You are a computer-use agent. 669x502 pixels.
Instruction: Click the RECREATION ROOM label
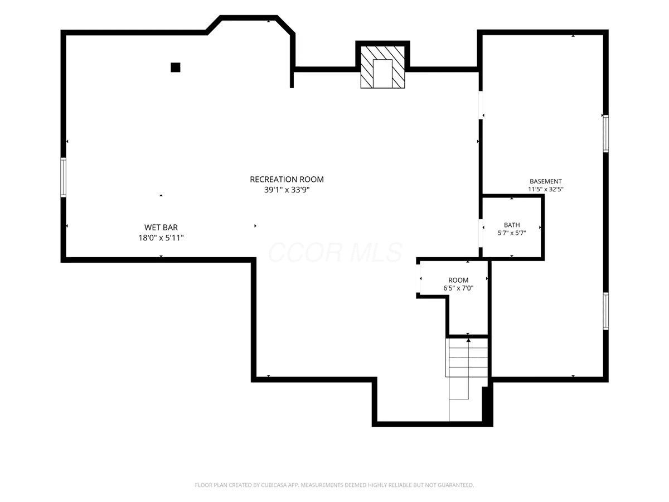pyautogui.click(x=287, y=179)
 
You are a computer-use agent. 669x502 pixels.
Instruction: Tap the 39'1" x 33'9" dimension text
pyautogui.click(x=287, y=190)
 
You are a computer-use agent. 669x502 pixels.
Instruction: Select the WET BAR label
pyautogui.click(x=161, y=228)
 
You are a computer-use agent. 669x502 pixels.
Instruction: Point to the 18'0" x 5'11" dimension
pyautogui.click(x=161, y=238)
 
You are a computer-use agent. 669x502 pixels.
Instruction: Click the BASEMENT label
pyautogui.click(x=546, y=181)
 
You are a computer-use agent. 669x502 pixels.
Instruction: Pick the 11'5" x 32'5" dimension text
pyautogui.click(x=546, y=189)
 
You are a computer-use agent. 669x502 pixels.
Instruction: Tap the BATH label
pyautogui.click(x=512, y=225)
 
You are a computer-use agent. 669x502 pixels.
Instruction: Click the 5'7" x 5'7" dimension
pyautogui.click(x=512, y=233)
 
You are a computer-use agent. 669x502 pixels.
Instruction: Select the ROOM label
pyautogui.click(x=458, y=280)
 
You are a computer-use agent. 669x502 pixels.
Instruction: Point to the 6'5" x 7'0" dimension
pyautogui.click(x=458, y=288)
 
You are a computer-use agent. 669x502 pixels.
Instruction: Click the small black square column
pyautogui.click(x=175, y=67)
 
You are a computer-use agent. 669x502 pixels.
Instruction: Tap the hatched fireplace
pyautogui.click(x=382, y=67)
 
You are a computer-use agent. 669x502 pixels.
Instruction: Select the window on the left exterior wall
pyautogui.click(x=63, y=177)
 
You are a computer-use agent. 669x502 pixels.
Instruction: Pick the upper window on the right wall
pyautogui.click(x=606, y=133)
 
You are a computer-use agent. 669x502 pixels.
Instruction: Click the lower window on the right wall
pyautogui.click(x=606, y=311)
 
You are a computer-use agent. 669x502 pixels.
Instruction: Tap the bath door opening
pyautogui.click(x=481, y=233)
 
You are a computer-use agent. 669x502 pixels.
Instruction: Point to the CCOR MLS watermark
pyautogui.click(x=334, y=252)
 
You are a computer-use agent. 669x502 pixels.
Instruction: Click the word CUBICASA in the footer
pyautogui.click(x=273, y=485)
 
